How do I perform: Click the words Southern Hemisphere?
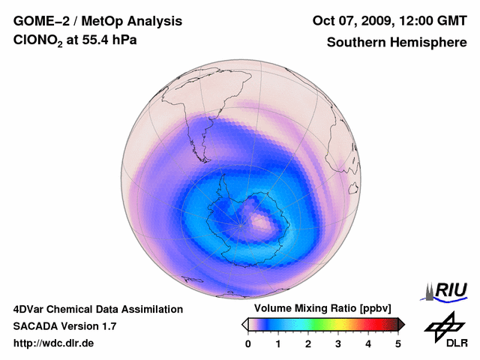click(x=397, y=43)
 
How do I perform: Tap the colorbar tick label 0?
click(x=248, y=343)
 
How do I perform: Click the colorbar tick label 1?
click(x=278, y=343)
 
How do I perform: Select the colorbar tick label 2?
click(x=308, y=343)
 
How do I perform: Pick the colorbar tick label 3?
click(x=338, y=343)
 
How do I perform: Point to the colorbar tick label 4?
click(x=368, y=343)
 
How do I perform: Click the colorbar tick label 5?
click(x=398, y=343)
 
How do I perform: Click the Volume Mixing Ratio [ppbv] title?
click(x=322, y=309)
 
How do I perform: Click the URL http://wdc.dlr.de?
click(x=53, y=343)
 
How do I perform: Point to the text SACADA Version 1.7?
click(x=64, y=326)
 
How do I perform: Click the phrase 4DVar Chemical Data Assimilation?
click(x=97, y=309)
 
